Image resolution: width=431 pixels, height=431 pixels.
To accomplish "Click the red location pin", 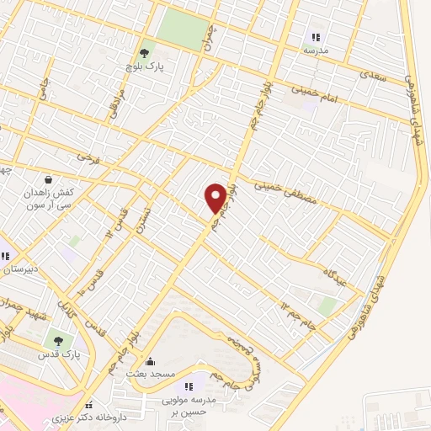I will coord(215,198).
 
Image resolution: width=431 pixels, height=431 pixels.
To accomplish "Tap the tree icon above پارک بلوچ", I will coord(146,53).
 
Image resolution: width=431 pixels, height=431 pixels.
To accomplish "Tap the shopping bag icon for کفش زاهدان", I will coord(48,179).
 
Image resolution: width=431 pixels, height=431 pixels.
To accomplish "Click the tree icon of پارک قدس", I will coord(57,341).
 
